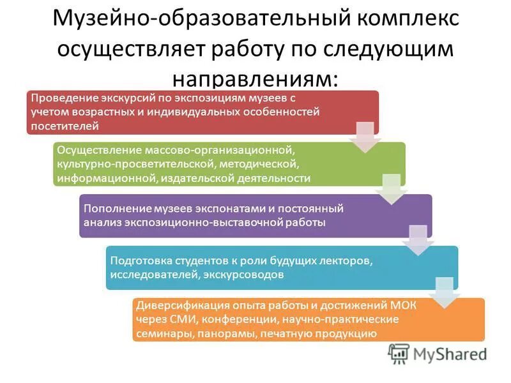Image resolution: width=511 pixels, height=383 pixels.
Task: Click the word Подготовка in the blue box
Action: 140,261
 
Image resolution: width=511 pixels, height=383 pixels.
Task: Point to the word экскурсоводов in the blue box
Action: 240,275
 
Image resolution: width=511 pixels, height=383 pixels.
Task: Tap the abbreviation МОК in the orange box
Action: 403,306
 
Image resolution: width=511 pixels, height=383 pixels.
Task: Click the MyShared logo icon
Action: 399,354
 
